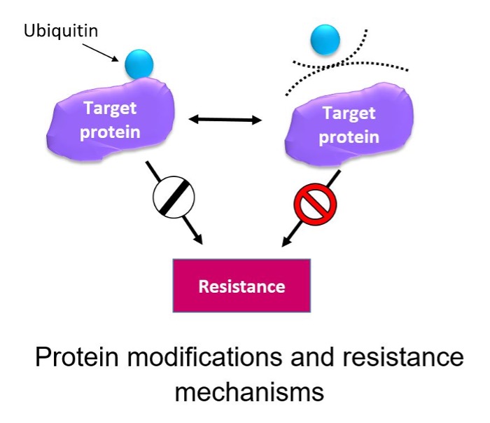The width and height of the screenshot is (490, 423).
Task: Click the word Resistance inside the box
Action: point(241,286)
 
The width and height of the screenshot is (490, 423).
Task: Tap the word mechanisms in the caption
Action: point(249,390)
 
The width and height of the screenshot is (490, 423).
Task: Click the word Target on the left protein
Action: point(110,109)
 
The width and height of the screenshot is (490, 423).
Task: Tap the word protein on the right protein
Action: point(349,137)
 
